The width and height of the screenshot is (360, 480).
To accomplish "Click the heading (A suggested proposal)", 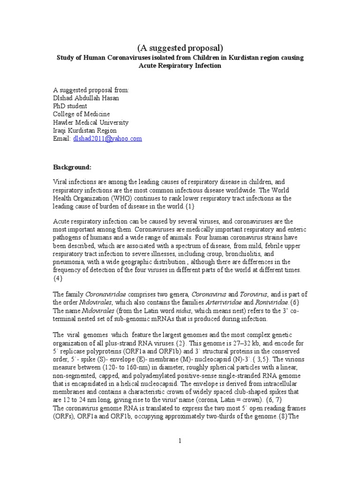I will point(180,48).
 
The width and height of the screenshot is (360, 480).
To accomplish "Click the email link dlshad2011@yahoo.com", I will point(107,139).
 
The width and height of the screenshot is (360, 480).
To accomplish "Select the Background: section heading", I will point(72,167).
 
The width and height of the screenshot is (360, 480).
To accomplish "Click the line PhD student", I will point(70,106).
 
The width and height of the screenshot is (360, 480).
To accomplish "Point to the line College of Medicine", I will point(82,114).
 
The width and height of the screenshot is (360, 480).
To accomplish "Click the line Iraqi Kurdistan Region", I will point(85,130).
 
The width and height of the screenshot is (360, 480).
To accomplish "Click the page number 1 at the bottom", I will point(180,441).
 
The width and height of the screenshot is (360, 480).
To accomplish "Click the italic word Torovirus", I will point(254,294).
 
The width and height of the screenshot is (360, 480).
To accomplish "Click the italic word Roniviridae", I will point(272,302).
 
